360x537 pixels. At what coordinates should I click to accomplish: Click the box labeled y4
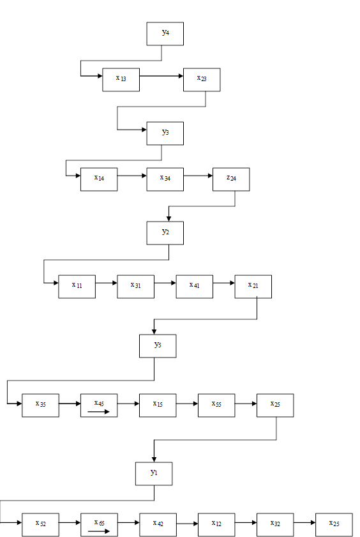[165, 34]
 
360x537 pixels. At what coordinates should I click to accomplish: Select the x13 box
[121, 79]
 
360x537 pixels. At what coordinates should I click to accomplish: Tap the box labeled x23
[202, 79]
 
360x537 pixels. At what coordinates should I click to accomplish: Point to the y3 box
[165, 133]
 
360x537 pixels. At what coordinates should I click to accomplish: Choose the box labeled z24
[231, 179]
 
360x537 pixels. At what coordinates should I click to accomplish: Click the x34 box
[165, 179]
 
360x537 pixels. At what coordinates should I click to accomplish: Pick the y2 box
[165, 233]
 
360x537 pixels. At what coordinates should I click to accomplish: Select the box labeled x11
[77, 286]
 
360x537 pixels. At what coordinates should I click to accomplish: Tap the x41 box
[195, 286]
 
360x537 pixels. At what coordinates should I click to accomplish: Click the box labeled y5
[158, 346]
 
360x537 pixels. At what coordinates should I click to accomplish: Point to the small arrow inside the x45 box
[98, 411]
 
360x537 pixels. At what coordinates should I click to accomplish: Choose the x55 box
[216, 405]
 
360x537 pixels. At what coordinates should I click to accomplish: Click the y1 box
[154, 474]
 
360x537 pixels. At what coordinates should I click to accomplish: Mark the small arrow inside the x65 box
[98, 531]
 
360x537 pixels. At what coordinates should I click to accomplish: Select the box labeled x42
[158, 525]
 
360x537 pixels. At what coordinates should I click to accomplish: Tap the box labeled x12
[216, 525]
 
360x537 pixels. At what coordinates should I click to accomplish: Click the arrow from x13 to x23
[161, 76]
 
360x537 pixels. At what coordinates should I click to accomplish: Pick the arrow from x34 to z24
[198, 176]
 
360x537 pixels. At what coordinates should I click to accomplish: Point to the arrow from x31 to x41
[165, 283]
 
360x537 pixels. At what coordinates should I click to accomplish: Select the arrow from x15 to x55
[187, 404]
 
